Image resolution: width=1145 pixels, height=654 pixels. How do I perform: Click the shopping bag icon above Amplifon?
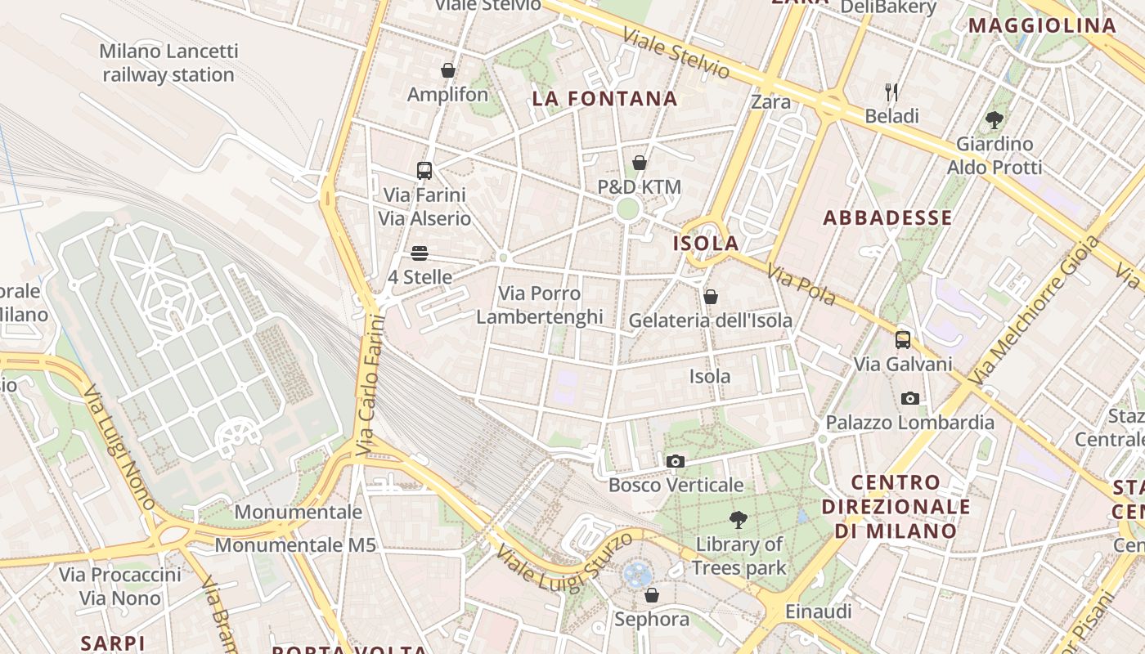(x=447, y=71)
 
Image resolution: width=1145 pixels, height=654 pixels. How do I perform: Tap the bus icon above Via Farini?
(x=424, y=171)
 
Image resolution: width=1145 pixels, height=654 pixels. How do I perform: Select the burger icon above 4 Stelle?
(x=420, y=253)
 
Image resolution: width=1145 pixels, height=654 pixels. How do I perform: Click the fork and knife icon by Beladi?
(x=891, y=92)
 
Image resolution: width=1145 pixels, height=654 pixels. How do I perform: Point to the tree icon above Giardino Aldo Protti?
(x=995, y=120)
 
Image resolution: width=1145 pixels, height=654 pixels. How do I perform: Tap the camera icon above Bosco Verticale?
(x=675, y=462)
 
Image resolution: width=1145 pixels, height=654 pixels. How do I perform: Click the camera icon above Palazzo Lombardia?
(x=909, y=399)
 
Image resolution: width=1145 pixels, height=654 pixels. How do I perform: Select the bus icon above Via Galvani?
(x=903, y=340)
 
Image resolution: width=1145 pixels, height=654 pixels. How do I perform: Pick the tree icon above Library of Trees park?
(x=739, y=520)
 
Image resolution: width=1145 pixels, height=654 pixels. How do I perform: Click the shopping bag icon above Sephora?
(x=652, y=595)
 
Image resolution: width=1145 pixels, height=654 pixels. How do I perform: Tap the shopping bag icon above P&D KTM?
(x=640, y=163)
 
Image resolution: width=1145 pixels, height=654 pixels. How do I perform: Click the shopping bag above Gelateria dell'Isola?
(x=711, y=297)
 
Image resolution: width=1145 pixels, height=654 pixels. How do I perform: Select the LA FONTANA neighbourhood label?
(x=605, y=99)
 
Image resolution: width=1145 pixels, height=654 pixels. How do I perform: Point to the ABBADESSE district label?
(x=887, y=217)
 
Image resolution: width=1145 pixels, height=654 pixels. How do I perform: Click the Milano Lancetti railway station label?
(x=168, y=63)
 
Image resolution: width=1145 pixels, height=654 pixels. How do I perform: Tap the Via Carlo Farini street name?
(x=371, y=384)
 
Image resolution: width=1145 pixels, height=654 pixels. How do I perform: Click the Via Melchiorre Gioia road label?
(x=1035, y=310)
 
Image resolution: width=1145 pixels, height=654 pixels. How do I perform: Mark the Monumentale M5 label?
(x=295, y=544)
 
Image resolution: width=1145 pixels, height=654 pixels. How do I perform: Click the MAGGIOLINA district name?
(x=1043, y=25)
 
